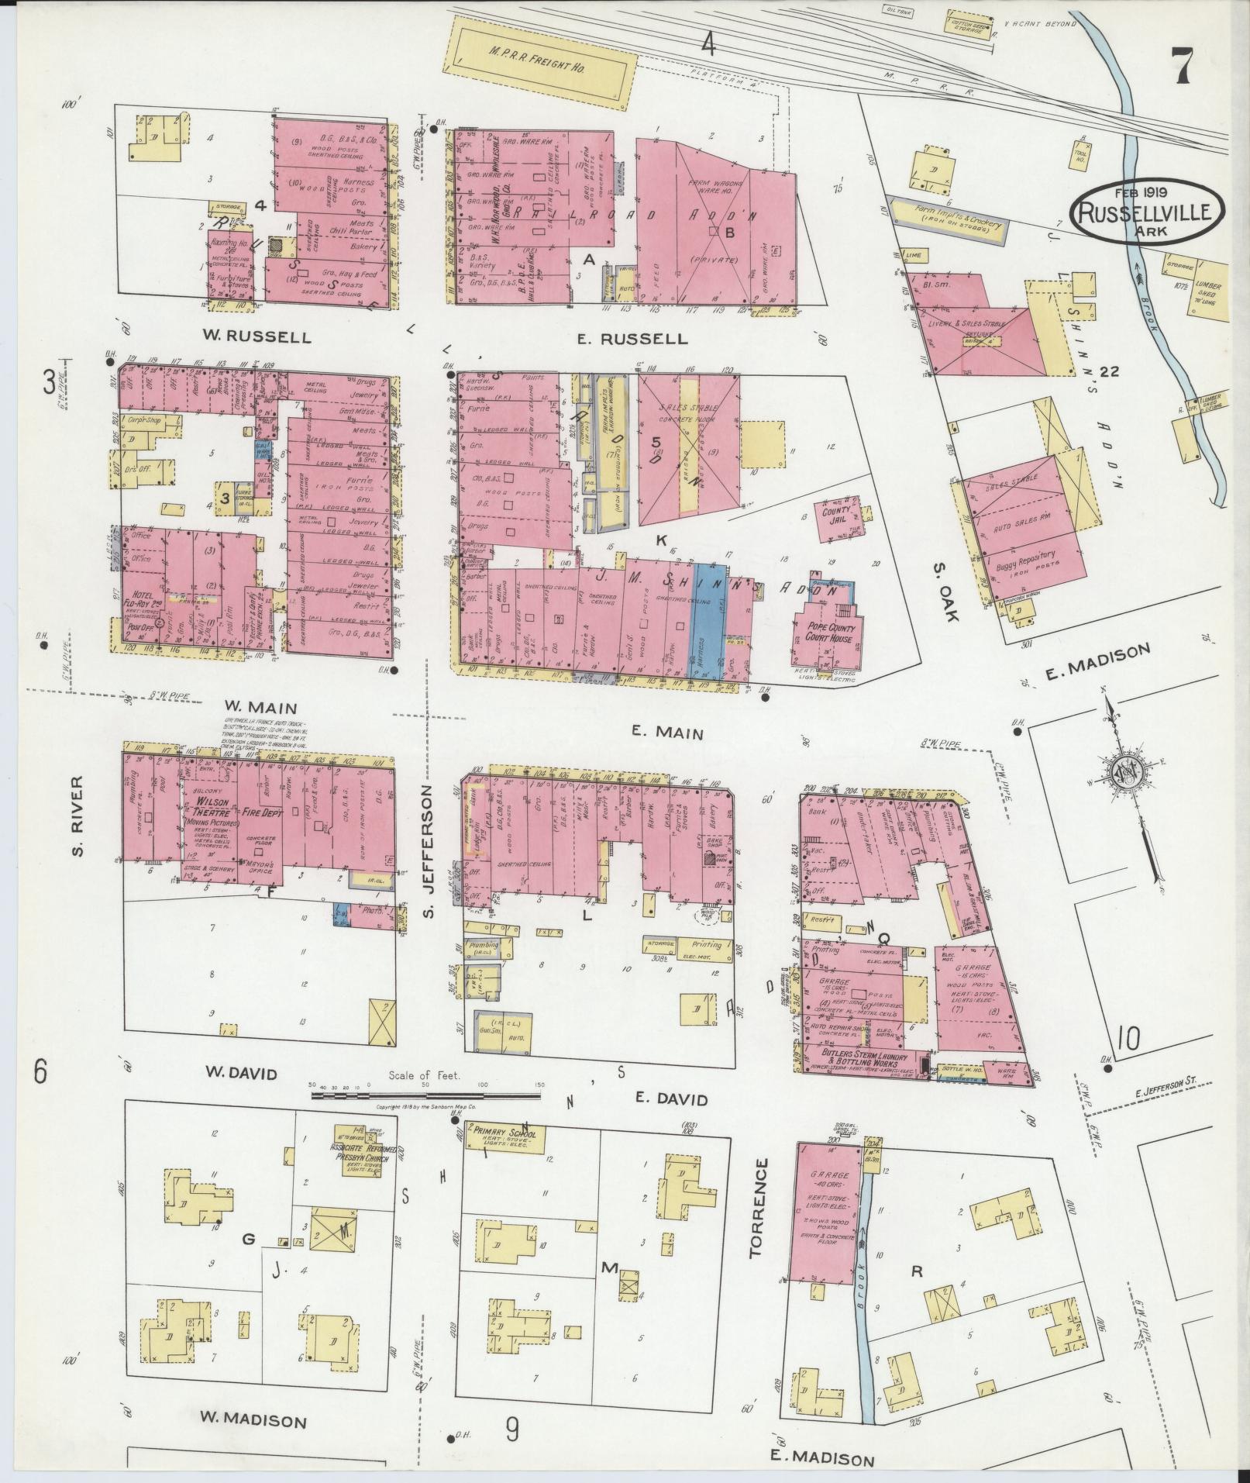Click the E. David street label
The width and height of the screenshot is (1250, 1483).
pos(671,1099)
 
